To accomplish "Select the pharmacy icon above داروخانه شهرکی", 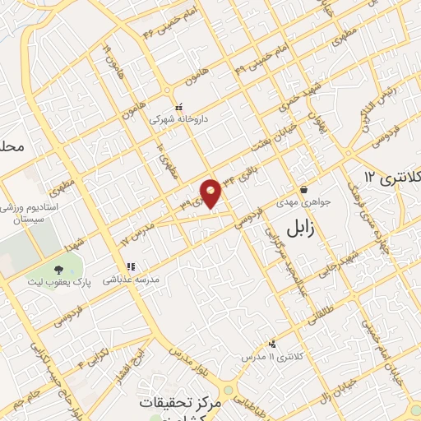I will (x=178, y=105).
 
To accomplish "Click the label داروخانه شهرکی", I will (x=178, y=118).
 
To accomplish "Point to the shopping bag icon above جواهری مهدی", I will (x=303, y=189).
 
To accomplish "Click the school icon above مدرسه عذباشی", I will (x=130, y=266).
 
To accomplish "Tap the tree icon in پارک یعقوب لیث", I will (x=58, y=269).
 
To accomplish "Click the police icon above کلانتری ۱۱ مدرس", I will (x=272, y=345).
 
